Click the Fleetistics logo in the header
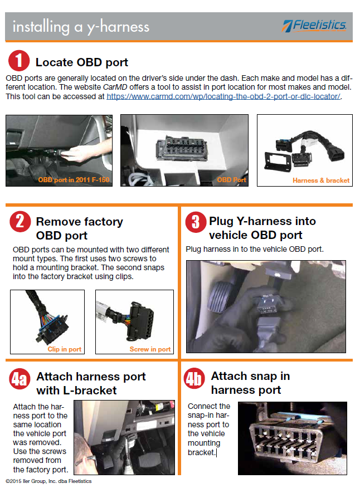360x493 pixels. (314, 26)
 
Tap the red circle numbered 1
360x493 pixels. (19, 61)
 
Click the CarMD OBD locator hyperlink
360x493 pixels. (223, 96)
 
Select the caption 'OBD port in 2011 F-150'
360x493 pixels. (74, 180)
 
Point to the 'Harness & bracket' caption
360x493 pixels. (321, 180)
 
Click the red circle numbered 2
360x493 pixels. (20, 222)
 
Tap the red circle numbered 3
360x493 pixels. (196, 222)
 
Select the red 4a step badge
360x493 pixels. (20, 379)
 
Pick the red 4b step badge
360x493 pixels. (194, 379)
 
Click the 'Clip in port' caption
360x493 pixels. (65, 349)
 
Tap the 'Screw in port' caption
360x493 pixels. (150, 349)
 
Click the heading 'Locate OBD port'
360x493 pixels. (82, 62)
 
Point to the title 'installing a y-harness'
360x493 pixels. (81, 27)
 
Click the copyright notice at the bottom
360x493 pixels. (48, 481)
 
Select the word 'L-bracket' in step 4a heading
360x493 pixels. (90, 391)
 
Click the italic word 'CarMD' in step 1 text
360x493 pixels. (115, 87)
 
